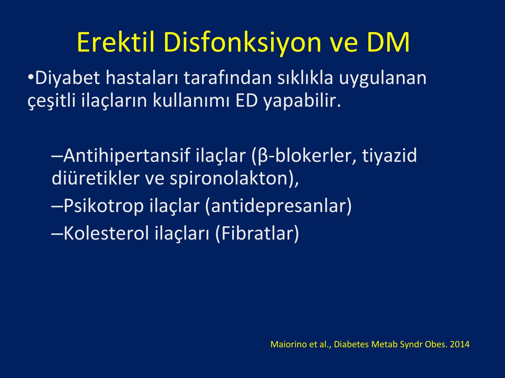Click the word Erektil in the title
(x=116, y=42)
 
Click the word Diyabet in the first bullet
(x=68, y=78)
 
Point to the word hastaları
(x=142, y=78)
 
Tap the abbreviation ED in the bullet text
(x=247, y=101)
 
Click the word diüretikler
(x=96, y=178)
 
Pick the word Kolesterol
(x=106, y=233)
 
